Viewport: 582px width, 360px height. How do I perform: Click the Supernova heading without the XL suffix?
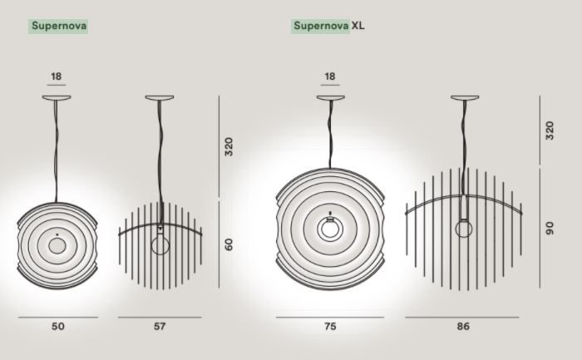59,26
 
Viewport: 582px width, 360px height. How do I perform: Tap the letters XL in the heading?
358,26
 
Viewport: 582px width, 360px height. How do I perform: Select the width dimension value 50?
58,326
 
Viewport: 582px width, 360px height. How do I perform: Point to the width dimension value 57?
160,326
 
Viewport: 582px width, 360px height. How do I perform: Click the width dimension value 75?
330,326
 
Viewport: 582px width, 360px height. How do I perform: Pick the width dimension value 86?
463,326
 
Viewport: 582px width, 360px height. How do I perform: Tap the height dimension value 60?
229,244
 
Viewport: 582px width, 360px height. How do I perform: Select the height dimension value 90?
550,228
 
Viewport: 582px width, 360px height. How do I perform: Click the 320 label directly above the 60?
229,146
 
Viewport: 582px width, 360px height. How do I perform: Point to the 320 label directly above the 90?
550,131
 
